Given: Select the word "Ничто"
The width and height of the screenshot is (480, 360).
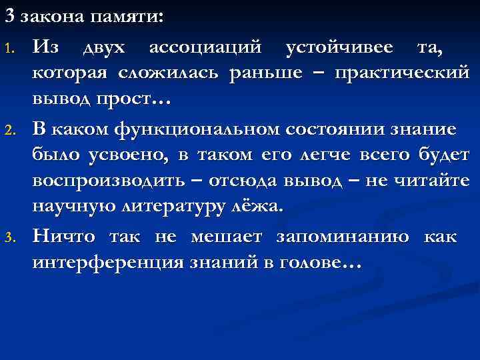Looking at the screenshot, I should point(63,237).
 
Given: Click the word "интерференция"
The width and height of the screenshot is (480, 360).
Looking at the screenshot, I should point(107,263).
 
